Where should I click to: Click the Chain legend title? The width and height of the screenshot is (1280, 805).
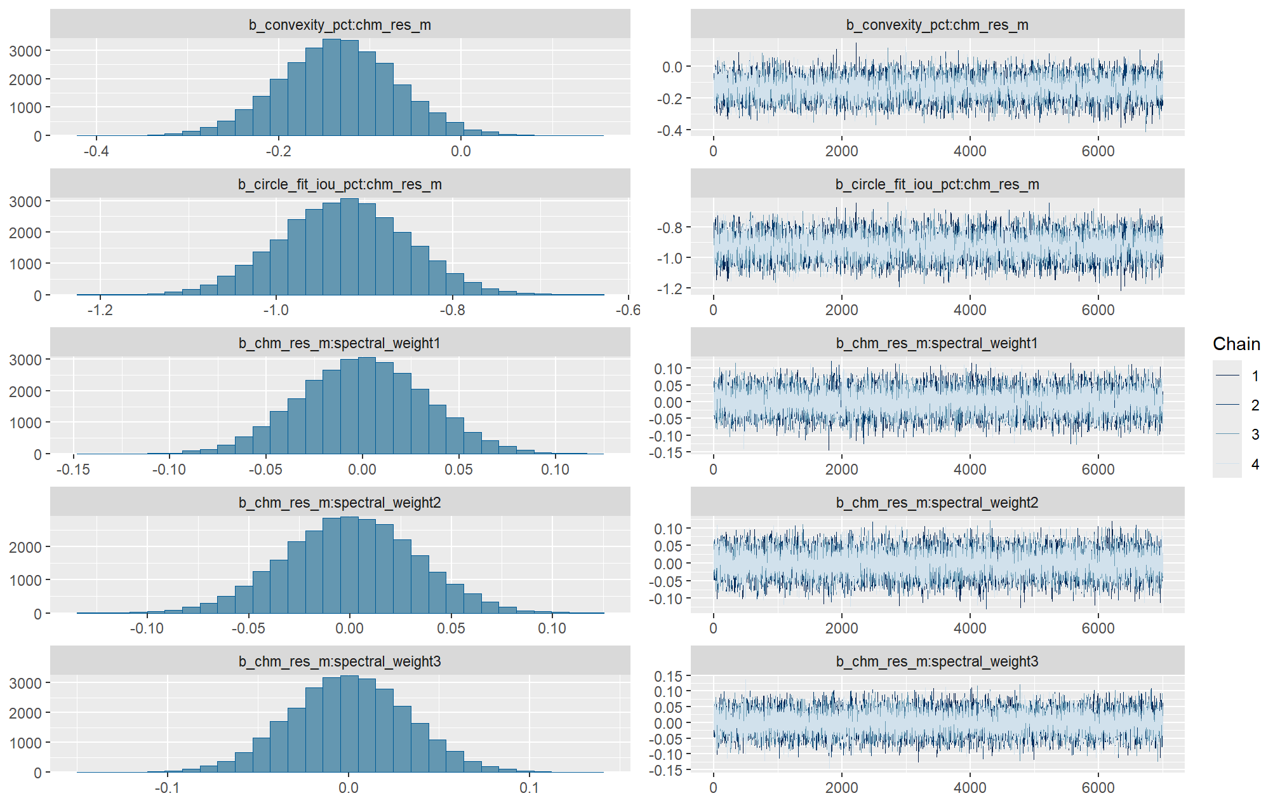click(x=1236, y=344)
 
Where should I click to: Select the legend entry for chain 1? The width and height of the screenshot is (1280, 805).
click(x=1255, y=375)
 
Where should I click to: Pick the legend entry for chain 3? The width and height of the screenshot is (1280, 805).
click(x=1255, y=435)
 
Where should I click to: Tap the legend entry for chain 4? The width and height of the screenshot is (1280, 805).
click(x=1255, y=464)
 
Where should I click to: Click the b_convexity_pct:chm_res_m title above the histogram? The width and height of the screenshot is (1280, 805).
click(x=340, y=25)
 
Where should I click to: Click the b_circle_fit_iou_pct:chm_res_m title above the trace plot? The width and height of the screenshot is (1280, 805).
click(x=937, y=184)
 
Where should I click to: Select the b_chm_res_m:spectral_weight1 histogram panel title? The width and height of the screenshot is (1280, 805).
click(x=340, y=343)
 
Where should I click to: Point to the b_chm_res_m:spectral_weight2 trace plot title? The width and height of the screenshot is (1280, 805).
click(x=937, y=503)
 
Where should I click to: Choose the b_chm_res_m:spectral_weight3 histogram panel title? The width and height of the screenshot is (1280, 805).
click(x=340, y=661)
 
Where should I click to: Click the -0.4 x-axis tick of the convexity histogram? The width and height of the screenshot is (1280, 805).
click(x=96, y=151)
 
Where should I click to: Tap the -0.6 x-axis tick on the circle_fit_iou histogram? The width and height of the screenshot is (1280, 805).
click(x=628, y=310)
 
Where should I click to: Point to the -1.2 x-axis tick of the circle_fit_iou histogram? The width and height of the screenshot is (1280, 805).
click(x=100, y=310)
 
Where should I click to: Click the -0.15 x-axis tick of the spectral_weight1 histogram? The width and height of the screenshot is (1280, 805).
click(x=73, y=470)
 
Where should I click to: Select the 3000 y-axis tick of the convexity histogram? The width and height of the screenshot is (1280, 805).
click(x=25, y=51)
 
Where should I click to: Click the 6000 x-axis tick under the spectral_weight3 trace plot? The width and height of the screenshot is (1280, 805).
click(x=1098, y=788)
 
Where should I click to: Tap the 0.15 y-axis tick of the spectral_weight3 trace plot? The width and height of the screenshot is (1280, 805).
click(x=668, y=676)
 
